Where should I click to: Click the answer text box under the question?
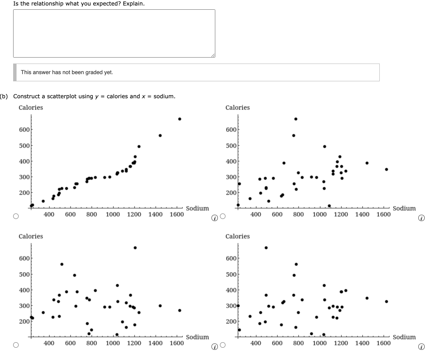tap(114, 33)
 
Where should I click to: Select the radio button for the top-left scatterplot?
tap(16, 216)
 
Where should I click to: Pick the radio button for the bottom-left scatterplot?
tap(16, 345)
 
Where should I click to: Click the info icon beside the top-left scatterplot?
tap(215, 219)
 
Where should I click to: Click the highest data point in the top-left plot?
tap(180, 119)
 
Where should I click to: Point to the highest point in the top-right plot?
tap(296, 119)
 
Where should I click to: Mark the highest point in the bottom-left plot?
tap(135, 248)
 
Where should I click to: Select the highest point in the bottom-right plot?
tap(266, 248)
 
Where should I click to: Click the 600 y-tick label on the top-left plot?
tap(24, 130)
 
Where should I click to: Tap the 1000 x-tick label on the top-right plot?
tap(320, 215)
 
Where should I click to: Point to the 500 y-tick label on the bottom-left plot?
tap(24, 274)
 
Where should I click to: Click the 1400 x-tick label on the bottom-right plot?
tap(362, 343)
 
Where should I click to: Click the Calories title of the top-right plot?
tap(238, 108)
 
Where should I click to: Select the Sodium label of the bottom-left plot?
tap(198, 337)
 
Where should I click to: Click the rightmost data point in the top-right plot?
tap(386, 169)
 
